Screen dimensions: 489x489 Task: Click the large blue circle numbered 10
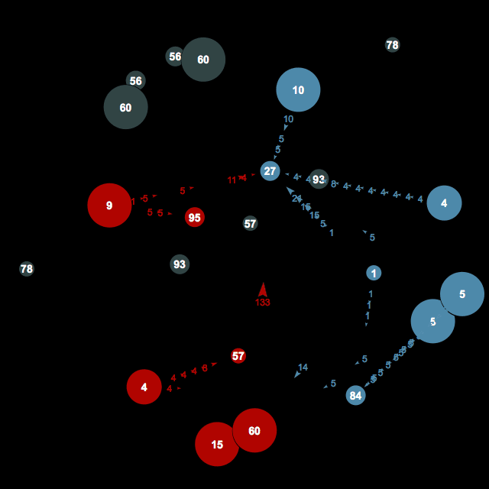coord(298,90)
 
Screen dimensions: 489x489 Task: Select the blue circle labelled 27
coord(270,171)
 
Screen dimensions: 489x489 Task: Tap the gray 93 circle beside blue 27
coord(319,180)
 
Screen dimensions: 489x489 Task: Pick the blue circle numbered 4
coord(444,203)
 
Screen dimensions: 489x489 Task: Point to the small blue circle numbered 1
coord(374,273)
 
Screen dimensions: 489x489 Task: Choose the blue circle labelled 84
coord(355,395)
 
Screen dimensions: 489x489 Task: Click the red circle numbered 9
coord(109,206)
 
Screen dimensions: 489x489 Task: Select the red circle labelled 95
coord(195,218)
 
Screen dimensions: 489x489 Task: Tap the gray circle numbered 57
coord(250,223)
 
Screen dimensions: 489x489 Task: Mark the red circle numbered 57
coord(238,356)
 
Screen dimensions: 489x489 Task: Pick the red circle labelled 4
coord(144,387)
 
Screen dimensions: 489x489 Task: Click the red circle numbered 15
coord(217,445)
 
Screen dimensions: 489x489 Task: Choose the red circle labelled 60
coord(254,431)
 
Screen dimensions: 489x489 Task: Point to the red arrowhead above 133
coord(263,290)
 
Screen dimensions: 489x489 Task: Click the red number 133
coord(263,303)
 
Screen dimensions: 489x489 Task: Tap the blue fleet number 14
coord(303,368)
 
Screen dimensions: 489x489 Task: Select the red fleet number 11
coord(232,180)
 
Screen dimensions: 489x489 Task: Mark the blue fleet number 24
coord(296,199)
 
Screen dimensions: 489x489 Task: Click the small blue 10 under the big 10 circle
coord(288,119)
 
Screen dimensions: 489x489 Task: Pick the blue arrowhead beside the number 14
coord(296,374)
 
